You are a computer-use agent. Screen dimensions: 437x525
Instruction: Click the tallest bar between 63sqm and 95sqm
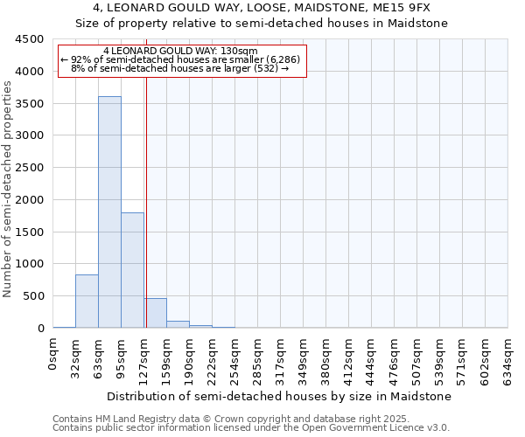coord(109,212)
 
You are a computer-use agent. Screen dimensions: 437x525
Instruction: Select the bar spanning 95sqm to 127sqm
coord(132,270)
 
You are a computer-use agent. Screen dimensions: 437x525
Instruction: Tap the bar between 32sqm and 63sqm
coord(87,302)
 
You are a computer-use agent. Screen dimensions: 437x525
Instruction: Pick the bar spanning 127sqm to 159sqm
coord(156,313)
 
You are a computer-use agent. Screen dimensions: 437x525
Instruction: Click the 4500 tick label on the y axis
coord(29,39)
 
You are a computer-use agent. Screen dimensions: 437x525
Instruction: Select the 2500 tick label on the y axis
coord(29,168)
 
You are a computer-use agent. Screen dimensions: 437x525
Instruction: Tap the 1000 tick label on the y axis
coord(29,264)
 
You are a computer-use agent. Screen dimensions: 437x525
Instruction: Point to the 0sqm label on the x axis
coord(53,357)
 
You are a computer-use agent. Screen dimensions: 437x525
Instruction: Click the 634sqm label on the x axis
coord(508,360)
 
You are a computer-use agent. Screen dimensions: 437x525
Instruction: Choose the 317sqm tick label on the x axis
coord(281,360)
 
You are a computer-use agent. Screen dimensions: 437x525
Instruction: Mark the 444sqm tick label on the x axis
coord(372,360)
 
